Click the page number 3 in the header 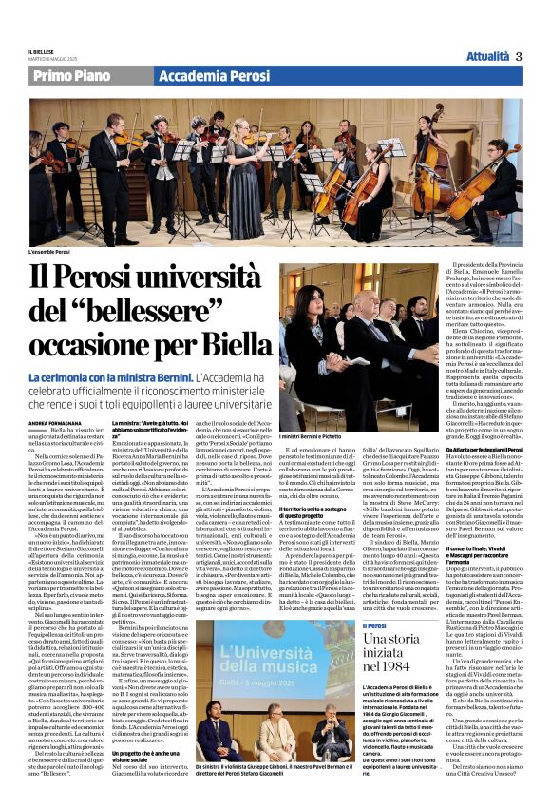pos(520,56)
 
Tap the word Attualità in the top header pos(487,56)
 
